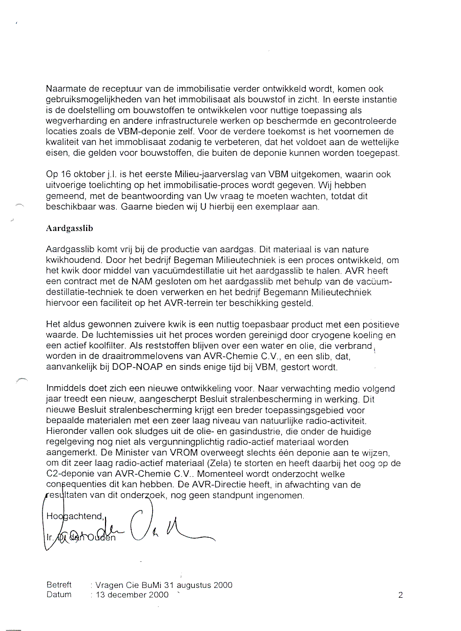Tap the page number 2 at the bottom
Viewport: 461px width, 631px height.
pyautogui.click(x=400, y=595)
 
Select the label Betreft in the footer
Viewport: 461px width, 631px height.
pyautogui.click(x=59, y=584)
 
